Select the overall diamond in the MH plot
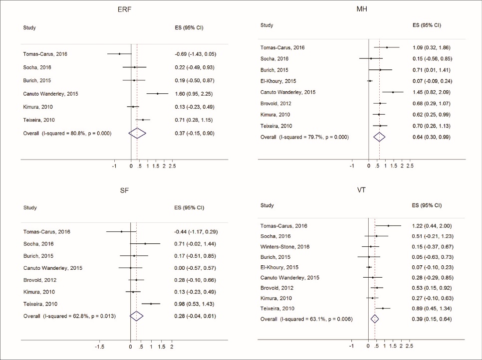click(x=379, y=137)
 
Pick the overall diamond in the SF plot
click(x=136, y=316)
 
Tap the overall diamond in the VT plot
click(x=375, y=319)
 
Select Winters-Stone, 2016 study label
click(x=285, y=246)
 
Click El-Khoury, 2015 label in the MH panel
click(x=278, y=81)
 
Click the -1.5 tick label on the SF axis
click(x=99, y=346)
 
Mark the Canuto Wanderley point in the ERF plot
click(x=157, y=94)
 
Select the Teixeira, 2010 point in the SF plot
click(x=151, y=304)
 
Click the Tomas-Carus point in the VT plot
click(x=388, y=226)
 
